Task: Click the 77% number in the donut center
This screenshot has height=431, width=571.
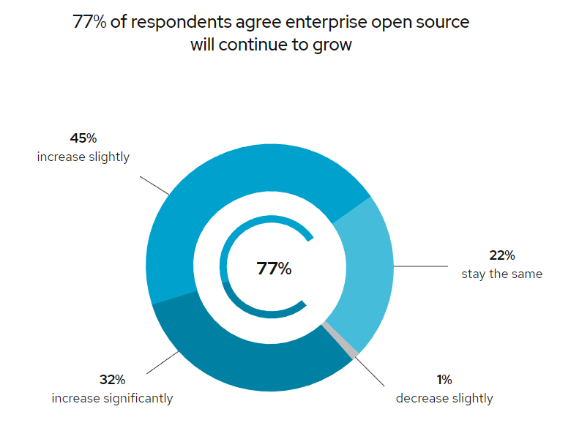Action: (274, 269)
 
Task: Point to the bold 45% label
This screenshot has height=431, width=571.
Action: (83, 138)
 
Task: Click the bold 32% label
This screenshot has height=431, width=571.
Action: (112, 380)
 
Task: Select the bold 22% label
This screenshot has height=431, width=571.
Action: (501, 255)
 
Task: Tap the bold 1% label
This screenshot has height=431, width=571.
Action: (444, 380)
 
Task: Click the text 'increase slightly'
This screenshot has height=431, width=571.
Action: (83, 157)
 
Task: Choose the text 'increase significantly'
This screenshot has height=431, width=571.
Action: (112, 399)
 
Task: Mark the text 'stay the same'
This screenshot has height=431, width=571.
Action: (501, 274)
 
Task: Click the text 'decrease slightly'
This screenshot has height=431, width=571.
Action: (444, 399)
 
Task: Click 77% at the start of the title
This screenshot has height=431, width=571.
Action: (89, 22)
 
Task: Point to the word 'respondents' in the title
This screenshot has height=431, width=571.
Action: (179, 22)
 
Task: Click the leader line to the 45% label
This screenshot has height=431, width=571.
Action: (154, 185)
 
